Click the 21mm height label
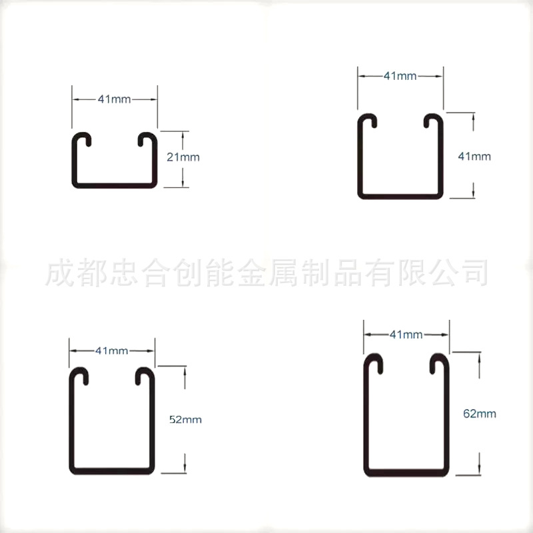tap(183, 158)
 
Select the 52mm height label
tap(185, 420)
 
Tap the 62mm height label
tap(480, 414)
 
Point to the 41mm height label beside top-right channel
tap(475, 157)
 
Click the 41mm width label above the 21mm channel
tap(115, 99)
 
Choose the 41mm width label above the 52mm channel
tap(112, 350)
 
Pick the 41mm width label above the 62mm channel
tap(405, 333)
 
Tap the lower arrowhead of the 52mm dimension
tap(184, 466)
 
